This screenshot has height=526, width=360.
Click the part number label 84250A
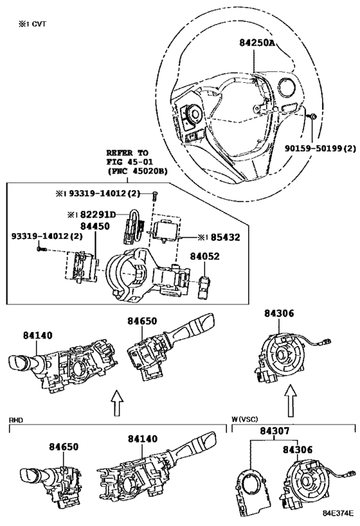coord(257,42)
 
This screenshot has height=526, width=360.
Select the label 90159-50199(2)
coord(320,148)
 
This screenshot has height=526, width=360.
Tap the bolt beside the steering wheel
coord(312,116)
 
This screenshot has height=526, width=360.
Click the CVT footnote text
coord(32,24)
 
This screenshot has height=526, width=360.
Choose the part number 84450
coord(94,226)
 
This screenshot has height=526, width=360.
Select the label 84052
coord(204,256)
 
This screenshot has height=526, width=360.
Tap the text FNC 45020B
coord(137,171)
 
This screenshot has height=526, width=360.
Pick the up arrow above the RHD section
coord(116,403)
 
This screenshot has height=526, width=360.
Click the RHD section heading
coord(15,419)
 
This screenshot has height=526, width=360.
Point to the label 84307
coord(274,431)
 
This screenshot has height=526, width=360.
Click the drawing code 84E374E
coord(339,513)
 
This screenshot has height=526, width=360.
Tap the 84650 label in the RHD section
coord(64,447)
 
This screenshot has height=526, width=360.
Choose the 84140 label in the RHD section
coord(142,439)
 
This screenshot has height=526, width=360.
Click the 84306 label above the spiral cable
coord(279,313)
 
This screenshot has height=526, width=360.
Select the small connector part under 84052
coord(204,287)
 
